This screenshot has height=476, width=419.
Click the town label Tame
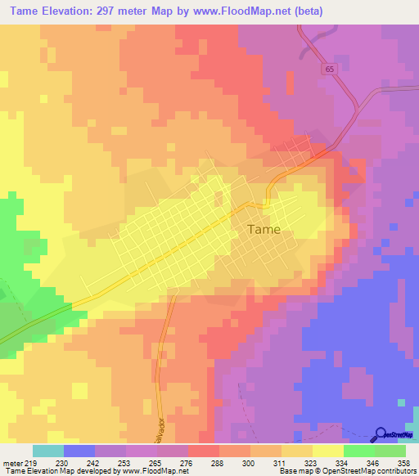tap(264, 230)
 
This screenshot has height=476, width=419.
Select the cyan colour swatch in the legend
tap(47, 451)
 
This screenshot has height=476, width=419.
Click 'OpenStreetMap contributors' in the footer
tap(367, 471)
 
